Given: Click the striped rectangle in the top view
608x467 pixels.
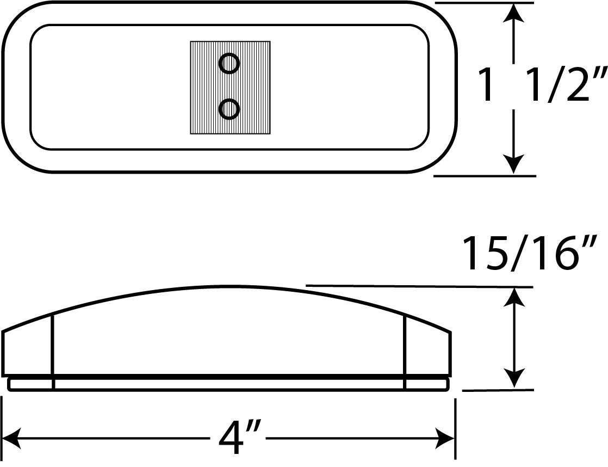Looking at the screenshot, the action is tap(230, 88).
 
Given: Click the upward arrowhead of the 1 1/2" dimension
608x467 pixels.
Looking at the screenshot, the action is tap(514, 14).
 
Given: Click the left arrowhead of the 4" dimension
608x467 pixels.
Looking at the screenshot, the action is tap(11, 439).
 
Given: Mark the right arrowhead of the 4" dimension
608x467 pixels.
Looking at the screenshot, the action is tap(445, 439).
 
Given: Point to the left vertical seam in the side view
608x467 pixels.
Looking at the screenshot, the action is tap(53, 351).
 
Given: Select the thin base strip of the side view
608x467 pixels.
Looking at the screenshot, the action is tap(228, 384).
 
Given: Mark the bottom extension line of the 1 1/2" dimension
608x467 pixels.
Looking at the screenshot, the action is tap(485, 176).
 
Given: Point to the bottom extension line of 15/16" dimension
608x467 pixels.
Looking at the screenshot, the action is tap(498, 390).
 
